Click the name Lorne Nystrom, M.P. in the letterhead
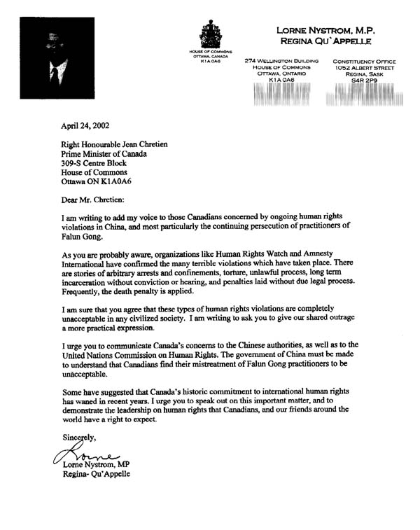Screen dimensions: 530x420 (332, 29)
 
